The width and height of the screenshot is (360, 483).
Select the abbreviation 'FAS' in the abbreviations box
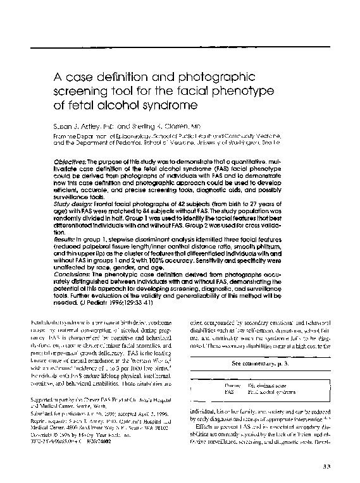coord(212,392)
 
